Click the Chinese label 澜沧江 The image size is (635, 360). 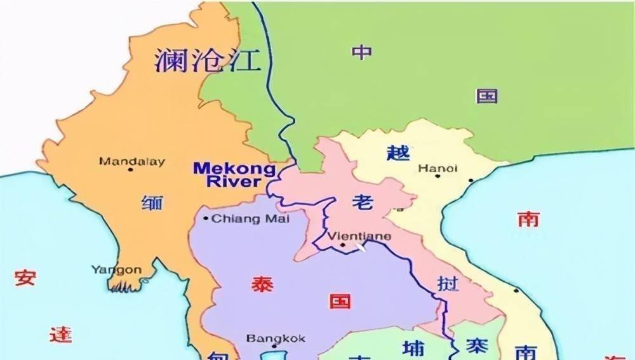tap(207, 60)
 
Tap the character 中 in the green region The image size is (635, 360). tap(362, 51)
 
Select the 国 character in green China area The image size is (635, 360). tap(487, 96)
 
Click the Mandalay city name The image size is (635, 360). tap(131, 161)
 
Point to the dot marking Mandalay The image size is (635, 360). tap(131, 170)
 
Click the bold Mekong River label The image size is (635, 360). tap(234, 175)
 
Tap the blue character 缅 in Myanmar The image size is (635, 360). tap(152, 203)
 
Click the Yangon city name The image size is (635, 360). tap(116, 269)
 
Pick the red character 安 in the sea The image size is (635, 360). tap(25, 278)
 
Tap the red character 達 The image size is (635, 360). tap(60, 335)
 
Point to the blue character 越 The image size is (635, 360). tap(398, 152)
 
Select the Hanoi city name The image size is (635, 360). tap(438, 168)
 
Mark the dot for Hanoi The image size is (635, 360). tap(437, 176)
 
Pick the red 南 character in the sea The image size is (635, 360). tap(528, 219)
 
